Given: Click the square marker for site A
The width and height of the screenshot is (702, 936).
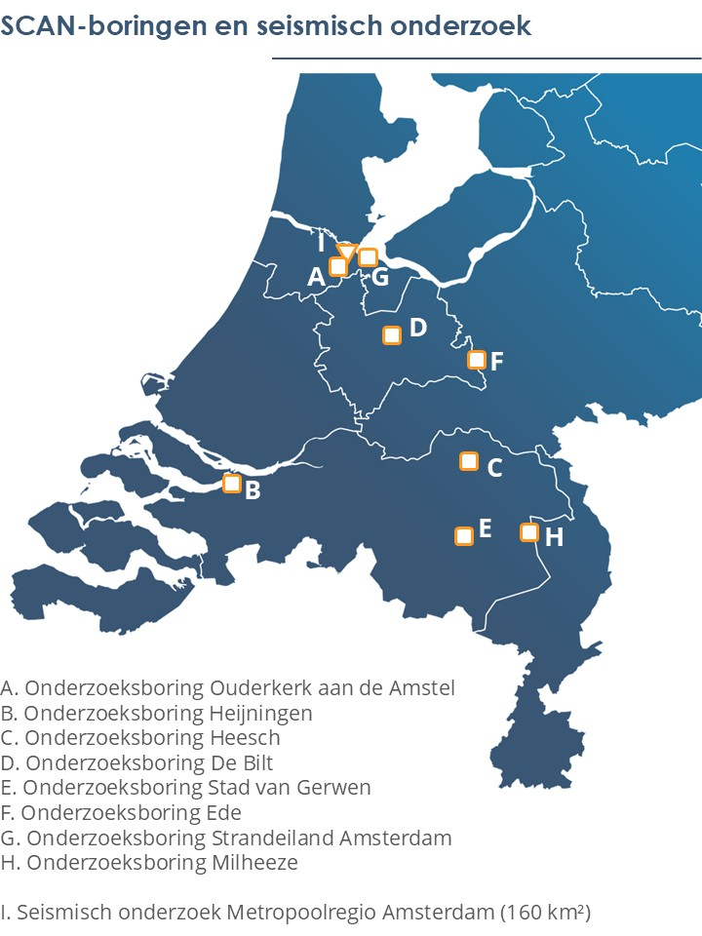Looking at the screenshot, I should (x=338, y=266).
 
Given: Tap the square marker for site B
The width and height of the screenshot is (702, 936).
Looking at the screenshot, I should (x=232, y=483).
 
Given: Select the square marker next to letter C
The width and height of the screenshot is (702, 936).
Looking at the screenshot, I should (x=469, y=461).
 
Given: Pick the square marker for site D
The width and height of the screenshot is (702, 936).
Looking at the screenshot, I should (x=392, y=335).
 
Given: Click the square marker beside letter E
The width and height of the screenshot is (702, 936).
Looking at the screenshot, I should (x=464, y=535).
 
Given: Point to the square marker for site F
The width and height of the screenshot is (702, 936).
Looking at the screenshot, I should (x=477, y=360).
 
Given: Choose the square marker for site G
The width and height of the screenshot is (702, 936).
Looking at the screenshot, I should (x=368, y=257).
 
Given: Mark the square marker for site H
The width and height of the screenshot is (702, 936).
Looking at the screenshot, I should (x=529, y=532).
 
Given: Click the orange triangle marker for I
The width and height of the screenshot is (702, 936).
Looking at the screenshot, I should (x=345, y=250).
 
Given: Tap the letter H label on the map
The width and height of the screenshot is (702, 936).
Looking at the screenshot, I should (x=554, y=537).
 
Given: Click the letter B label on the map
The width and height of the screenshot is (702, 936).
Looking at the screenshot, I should (x=253, y=490).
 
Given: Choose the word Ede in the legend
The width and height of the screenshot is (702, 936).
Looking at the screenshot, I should (x=225, y=812).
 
